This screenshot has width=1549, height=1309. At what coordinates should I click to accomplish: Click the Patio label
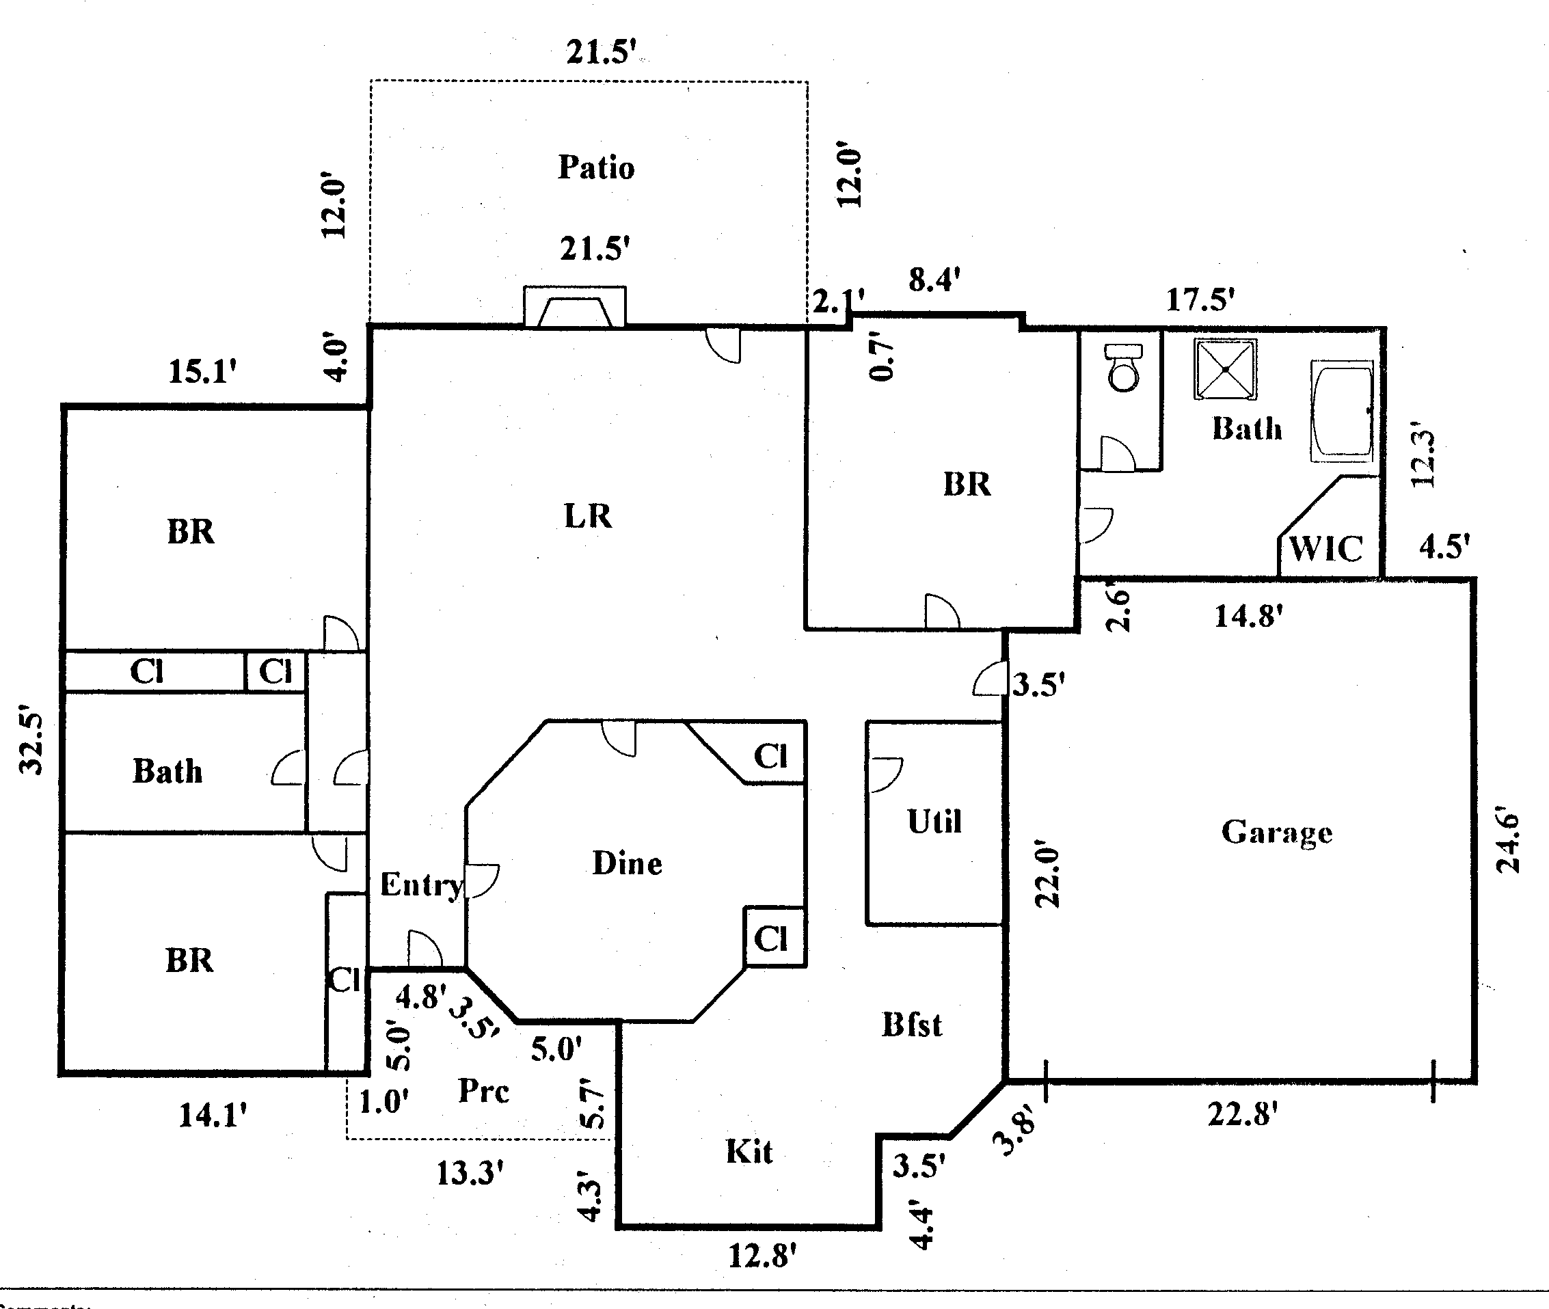click(x=596, y=167)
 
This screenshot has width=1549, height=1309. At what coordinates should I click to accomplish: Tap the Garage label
click(x=1277, y=833)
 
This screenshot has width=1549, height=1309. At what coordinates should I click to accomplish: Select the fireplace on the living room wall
click(x=574, y=307)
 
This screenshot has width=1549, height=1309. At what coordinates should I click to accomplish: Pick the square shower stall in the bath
click(x=1226, y=369)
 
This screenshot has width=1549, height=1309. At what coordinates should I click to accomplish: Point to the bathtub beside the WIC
click(x=1341, y=411)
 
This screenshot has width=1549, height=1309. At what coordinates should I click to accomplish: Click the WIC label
click(x=1326, y=549)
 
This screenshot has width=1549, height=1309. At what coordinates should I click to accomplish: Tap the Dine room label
click(x=627, y=864)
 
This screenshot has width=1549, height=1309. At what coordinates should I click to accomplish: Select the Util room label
click(x=934, y=822)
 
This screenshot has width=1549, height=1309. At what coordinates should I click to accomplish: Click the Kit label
click(x=749, y=1152)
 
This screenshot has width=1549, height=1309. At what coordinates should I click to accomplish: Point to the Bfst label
click(x=912, y=1025)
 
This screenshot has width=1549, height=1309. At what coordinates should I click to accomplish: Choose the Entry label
click(x=422, y=885)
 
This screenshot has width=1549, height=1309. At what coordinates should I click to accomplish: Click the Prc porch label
click(x=484, y=1091)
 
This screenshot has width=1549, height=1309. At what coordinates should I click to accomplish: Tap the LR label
click(x=588, y=515)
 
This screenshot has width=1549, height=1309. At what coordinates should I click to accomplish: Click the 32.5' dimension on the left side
click(x=31, y=744)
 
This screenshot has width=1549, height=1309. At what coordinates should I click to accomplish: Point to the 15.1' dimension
click(x=202, y=372)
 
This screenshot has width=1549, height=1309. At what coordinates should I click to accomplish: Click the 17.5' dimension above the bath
click(x=1200, y=300)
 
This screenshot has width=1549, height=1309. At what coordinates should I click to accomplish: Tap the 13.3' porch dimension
click(x=470, y=1173)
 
